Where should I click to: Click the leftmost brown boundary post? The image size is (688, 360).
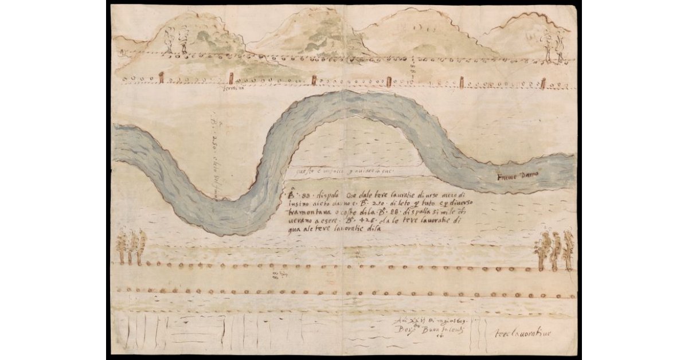[x=161, y=77]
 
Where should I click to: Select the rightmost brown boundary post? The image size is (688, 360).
[x=542, y=84]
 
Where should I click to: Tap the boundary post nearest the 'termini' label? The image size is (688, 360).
[x=232, y=79]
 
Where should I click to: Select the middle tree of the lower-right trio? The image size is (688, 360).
[x=555, y=250]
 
